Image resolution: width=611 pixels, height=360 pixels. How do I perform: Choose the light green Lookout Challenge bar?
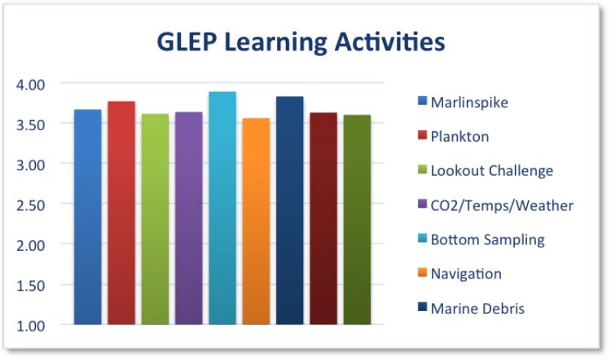(155, 219)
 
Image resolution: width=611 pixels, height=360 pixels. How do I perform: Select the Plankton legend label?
(459, 136)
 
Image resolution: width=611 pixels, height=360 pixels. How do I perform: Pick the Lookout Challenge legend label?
(491, 171)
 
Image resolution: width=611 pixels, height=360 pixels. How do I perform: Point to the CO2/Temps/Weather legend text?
(501, 205)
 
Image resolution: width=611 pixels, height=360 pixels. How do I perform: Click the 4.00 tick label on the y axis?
(32, 84)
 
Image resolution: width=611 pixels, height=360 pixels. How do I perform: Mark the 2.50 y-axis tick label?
(32, 204)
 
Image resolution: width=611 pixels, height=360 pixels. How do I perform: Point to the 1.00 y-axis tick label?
(32, 325)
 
